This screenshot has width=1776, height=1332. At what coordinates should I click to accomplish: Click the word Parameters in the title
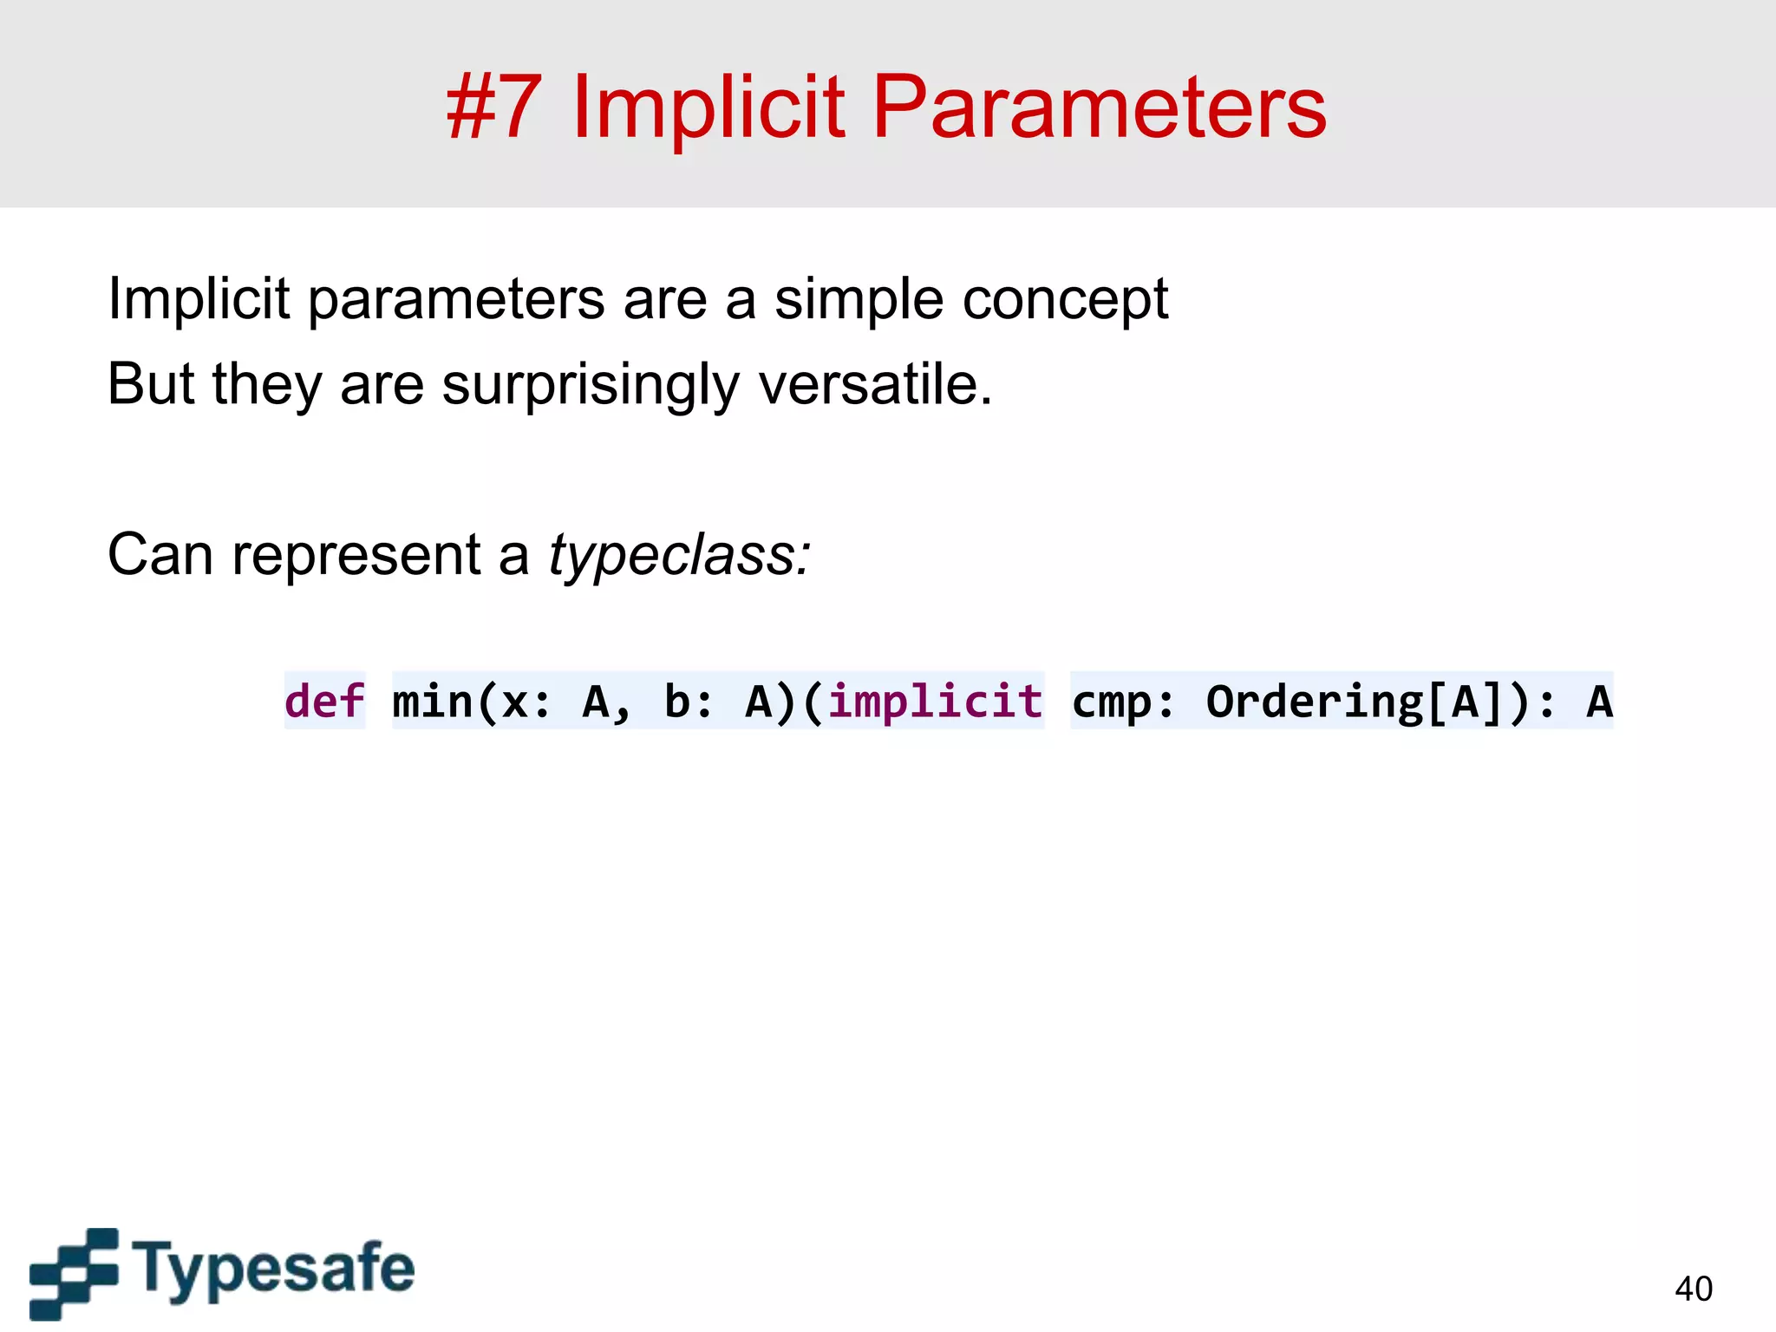1099,108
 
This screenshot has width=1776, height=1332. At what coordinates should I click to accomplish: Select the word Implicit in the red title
708,108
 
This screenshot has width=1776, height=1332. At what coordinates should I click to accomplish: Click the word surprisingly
590,385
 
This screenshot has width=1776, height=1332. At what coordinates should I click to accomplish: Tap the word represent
356,556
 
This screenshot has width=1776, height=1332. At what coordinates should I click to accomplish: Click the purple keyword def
324,701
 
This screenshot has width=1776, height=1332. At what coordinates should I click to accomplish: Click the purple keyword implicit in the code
935,701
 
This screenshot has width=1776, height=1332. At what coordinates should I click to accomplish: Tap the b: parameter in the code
688,701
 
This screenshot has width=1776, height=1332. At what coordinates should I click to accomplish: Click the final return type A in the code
1598,701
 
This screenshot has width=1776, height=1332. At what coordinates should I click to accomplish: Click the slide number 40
1693,1289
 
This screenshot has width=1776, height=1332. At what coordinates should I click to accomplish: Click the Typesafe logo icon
75,1272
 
